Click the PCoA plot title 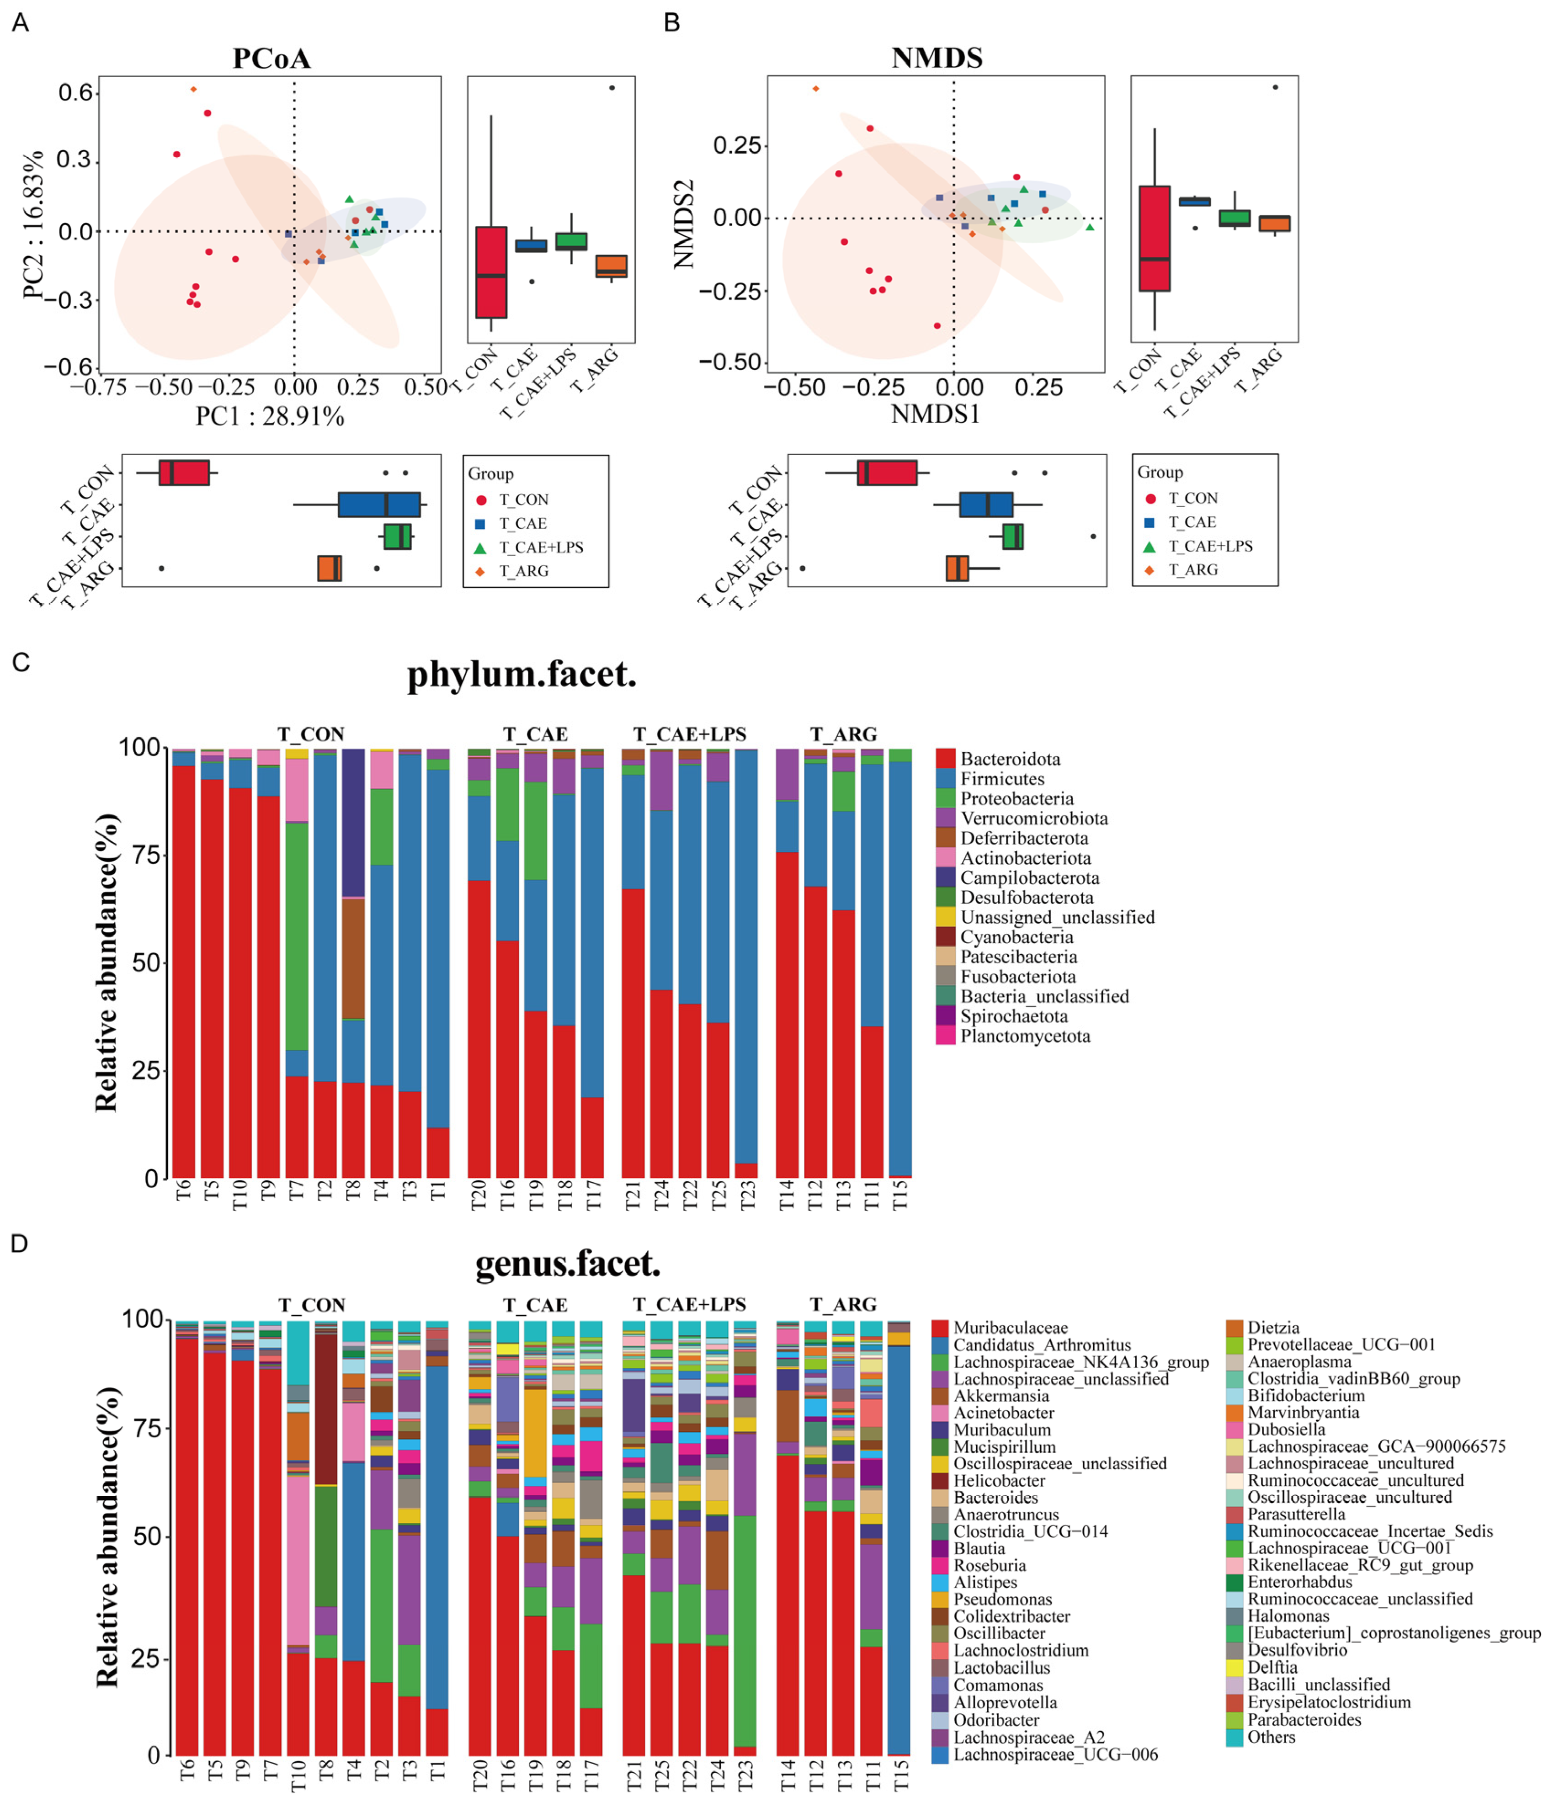(271, 58)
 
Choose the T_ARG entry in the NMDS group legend (1193, 569)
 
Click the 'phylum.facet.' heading (522, 674)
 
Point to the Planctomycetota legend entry (1025, 1036)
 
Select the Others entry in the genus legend (1271, 1736)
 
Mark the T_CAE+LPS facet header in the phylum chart (689, 734)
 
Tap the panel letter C (21, 663)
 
